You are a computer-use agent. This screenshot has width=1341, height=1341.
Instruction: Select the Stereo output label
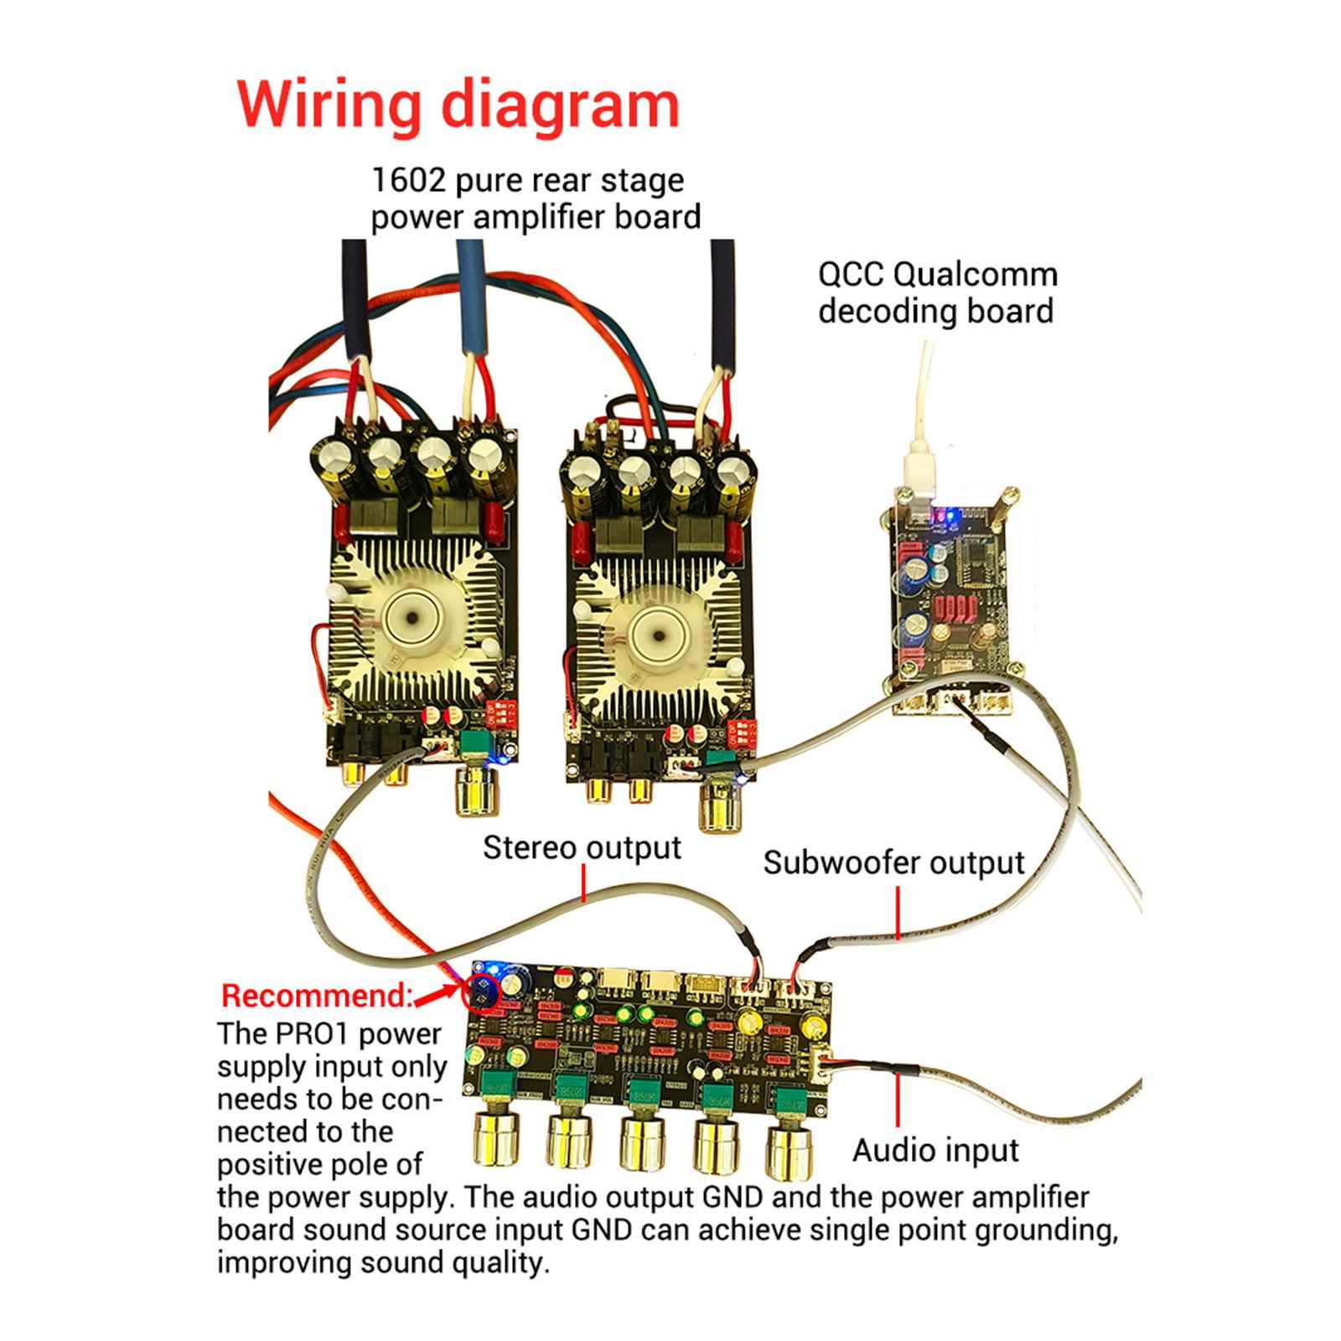click(582, 847)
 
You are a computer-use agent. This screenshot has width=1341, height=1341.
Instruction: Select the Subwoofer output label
click(893, 862)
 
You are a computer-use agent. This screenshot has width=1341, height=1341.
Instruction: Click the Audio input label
click(935, 1150)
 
